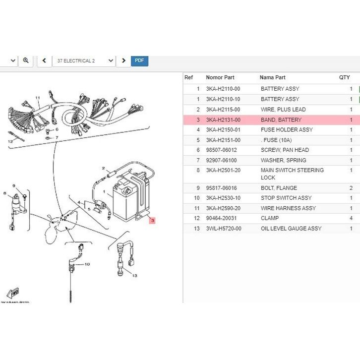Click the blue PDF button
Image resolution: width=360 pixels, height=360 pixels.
[139, 60]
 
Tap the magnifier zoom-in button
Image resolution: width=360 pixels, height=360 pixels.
[26, 60]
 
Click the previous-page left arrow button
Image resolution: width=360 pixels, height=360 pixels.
[44, 60]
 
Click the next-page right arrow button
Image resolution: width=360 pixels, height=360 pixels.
[123, 60]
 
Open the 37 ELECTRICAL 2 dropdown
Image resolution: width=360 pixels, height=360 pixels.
[83, 60]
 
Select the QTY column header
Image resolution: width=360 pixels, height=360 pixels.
[344, 77]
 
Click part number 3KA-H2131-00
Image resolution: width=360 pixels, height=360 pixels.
[223, 120]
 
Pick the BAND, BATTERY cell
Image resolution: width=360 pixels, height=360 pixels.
[281, 120]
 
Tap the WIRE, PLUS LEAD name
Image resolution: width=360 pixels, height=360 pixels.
[283, 110]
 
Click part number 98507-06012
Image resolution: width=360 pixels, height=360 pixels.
[221, 150]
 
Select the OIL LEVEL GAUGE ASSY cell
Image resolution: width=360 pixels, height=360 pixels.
[291, 229]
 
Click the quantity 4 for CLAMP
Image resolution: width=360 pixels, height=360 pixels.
[351, 218]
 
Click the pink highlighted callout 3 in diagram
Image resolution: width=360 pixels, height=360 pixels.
[152, 220]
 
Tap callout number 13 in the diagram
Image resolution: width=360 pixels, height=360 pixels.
[134, 275]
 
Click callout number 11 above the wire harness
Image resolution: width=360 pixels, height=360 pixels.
[37, 98]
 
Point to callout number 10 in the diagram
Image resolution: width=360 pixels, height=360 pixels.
[87, 264]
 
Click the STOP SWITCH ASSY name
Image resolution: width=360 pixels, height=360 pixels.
[286, 198]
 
